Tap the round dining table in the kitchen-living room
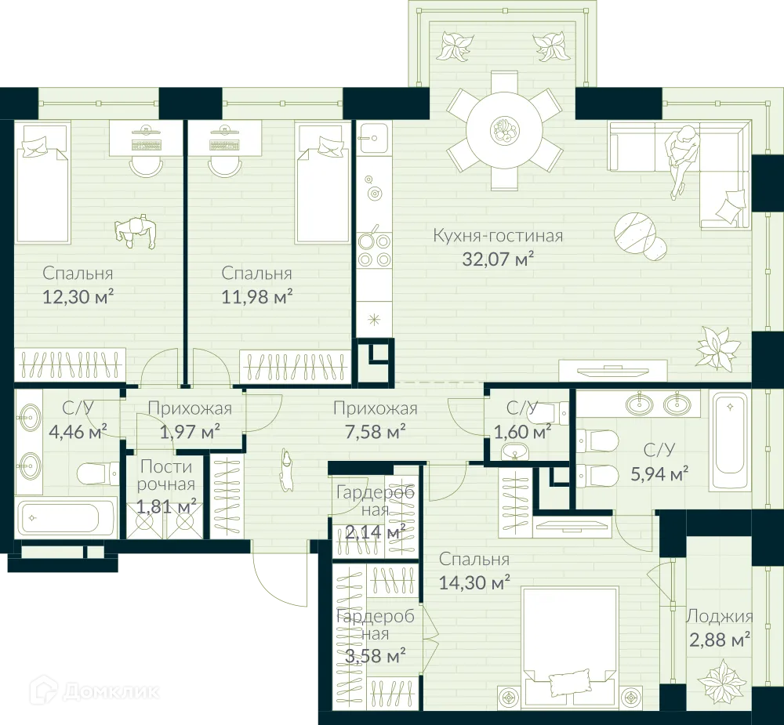(x=504, y=130)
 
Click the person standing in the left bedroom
(x=136, y=232)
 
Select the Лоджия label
(x=719, y=616)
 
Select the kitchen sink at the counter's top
(x=372, y=139)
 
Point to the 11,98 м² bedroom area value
(x=256, y=296)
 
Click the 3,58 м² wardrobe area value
(x=375, y=655)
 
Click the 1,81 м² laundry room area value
(x=166, y=506)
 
